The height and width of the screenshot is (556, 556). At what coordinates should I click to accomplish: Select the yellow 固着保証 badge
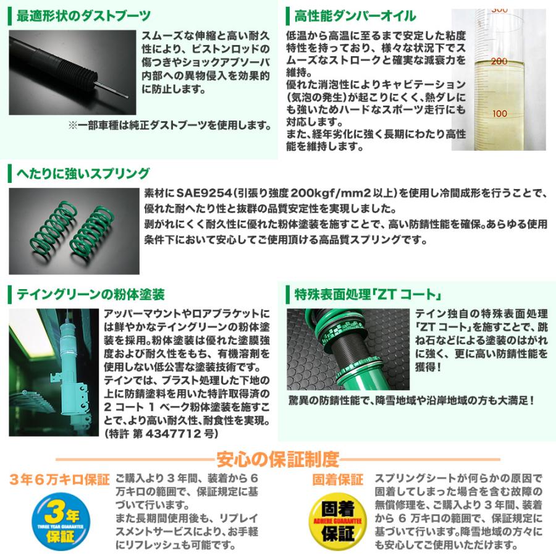pyautogui.click(x=337, y=518)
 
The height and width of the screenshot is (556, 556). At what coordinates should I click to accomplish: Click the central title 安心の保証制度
pyautogui.click(x=277, y=459)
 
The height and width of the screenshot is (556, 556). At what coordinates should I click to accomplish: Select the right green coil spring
pyautogui.click(x=91, y=229)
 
